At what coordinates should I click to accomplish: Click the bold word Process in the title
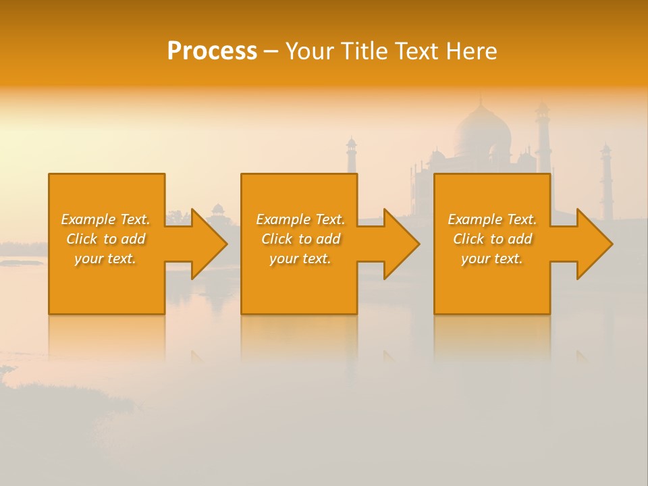coord(212,51)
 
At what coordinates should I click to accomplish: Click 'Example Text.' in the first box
coord(106,219)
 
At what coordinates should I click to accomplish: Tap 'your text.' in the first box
coord(106,259)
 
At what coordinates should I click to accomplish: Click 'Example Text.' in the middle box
coord(300,219)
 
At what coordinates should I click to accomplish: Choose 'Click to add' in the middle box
coord(300,239)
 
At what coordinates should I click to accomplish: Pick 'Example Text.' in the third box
coord(492,219)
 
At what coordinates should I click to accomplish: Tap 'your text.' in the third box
coord(492,259)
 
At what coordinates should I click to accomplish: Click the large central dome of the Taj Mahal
coord(481,132)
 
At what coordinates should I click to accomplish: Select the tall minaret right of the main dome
coord(543,135)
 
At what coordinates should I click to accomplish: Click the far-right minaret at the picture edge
coord(606,179)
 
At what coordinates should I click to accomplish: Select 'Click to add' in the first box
coord(106,239)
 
